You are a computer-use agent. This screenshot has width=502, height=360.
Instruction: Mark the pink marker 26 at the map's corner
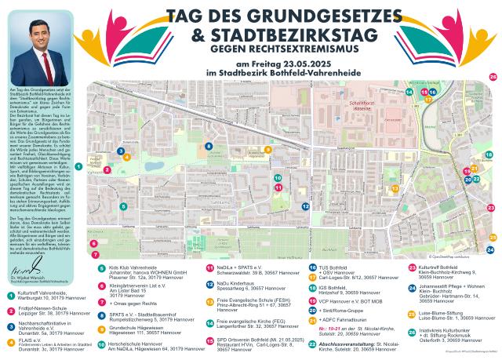(x=493, y=77)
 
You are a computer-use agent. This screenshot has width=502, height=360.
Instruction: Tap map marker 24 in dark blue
(x=489, y=250)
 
